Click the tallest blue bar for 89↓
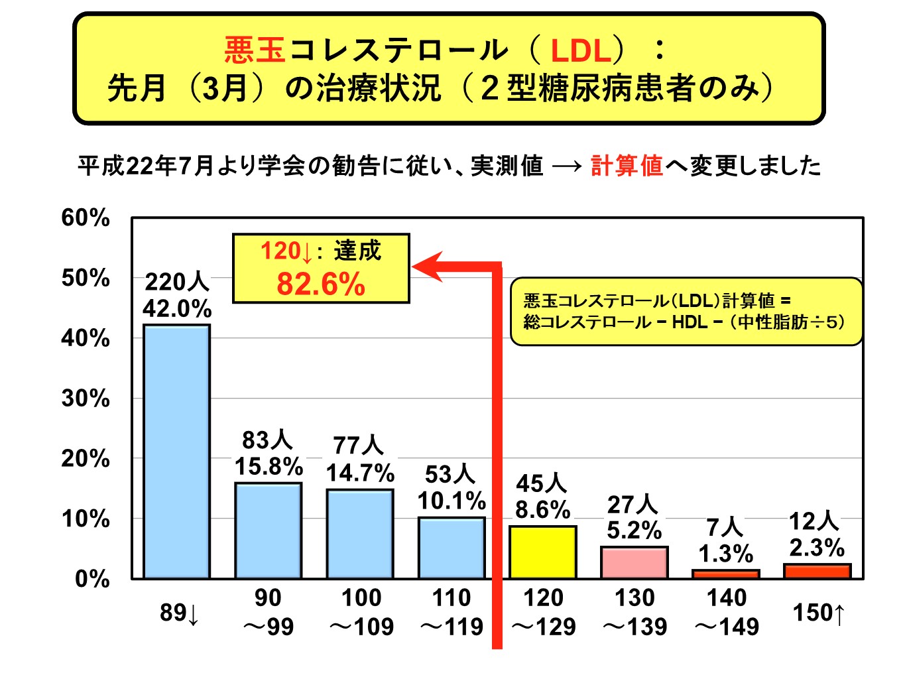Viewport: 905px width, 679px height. click(x=177, y=451)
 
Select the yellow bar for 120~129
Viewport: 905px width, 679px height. click(x=542, y=552)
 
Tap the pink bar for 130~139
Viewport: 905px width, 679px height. click(x=634, y=562)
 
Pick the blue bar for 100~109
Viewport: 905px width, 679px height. click(x=360, y=534)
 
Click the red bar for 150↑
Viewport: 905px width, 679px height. click(x=817, y=571)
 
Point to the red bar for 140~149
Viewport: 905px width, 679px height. click(x=725, y=574)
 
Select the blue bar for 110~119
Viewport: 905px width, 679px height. click(x=452, y=548)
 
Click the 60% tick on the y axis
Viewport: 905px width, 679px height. click(x=86, y=217)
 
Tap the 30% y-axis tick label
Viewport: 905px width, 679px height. click(x=86, y=399)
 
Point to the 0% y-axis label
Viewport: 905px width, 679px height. click(x=92, y=579)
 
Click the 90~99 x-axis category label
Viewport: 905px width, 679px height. click(x=268, y=612)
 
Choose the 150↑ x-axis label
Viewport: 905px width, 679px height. click(x=819, y=613)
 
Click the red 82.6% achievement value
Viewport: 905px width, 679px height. click(x=321, y=284)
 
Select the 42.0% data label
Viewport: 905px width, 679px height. click(x=177, y=309)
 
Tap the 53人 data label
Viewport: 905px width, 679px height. click(x=450, y=474)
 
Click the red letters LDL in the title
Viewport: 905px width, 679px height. click(x=580, y=50)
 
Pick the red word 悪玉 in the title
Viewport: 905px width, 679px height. click(x=255, y=50)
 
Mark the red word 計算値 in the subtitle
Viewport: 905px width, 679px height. click(x=627, y=165)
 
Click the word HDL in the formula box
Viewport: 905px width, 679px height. click(x=690, y=322)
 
